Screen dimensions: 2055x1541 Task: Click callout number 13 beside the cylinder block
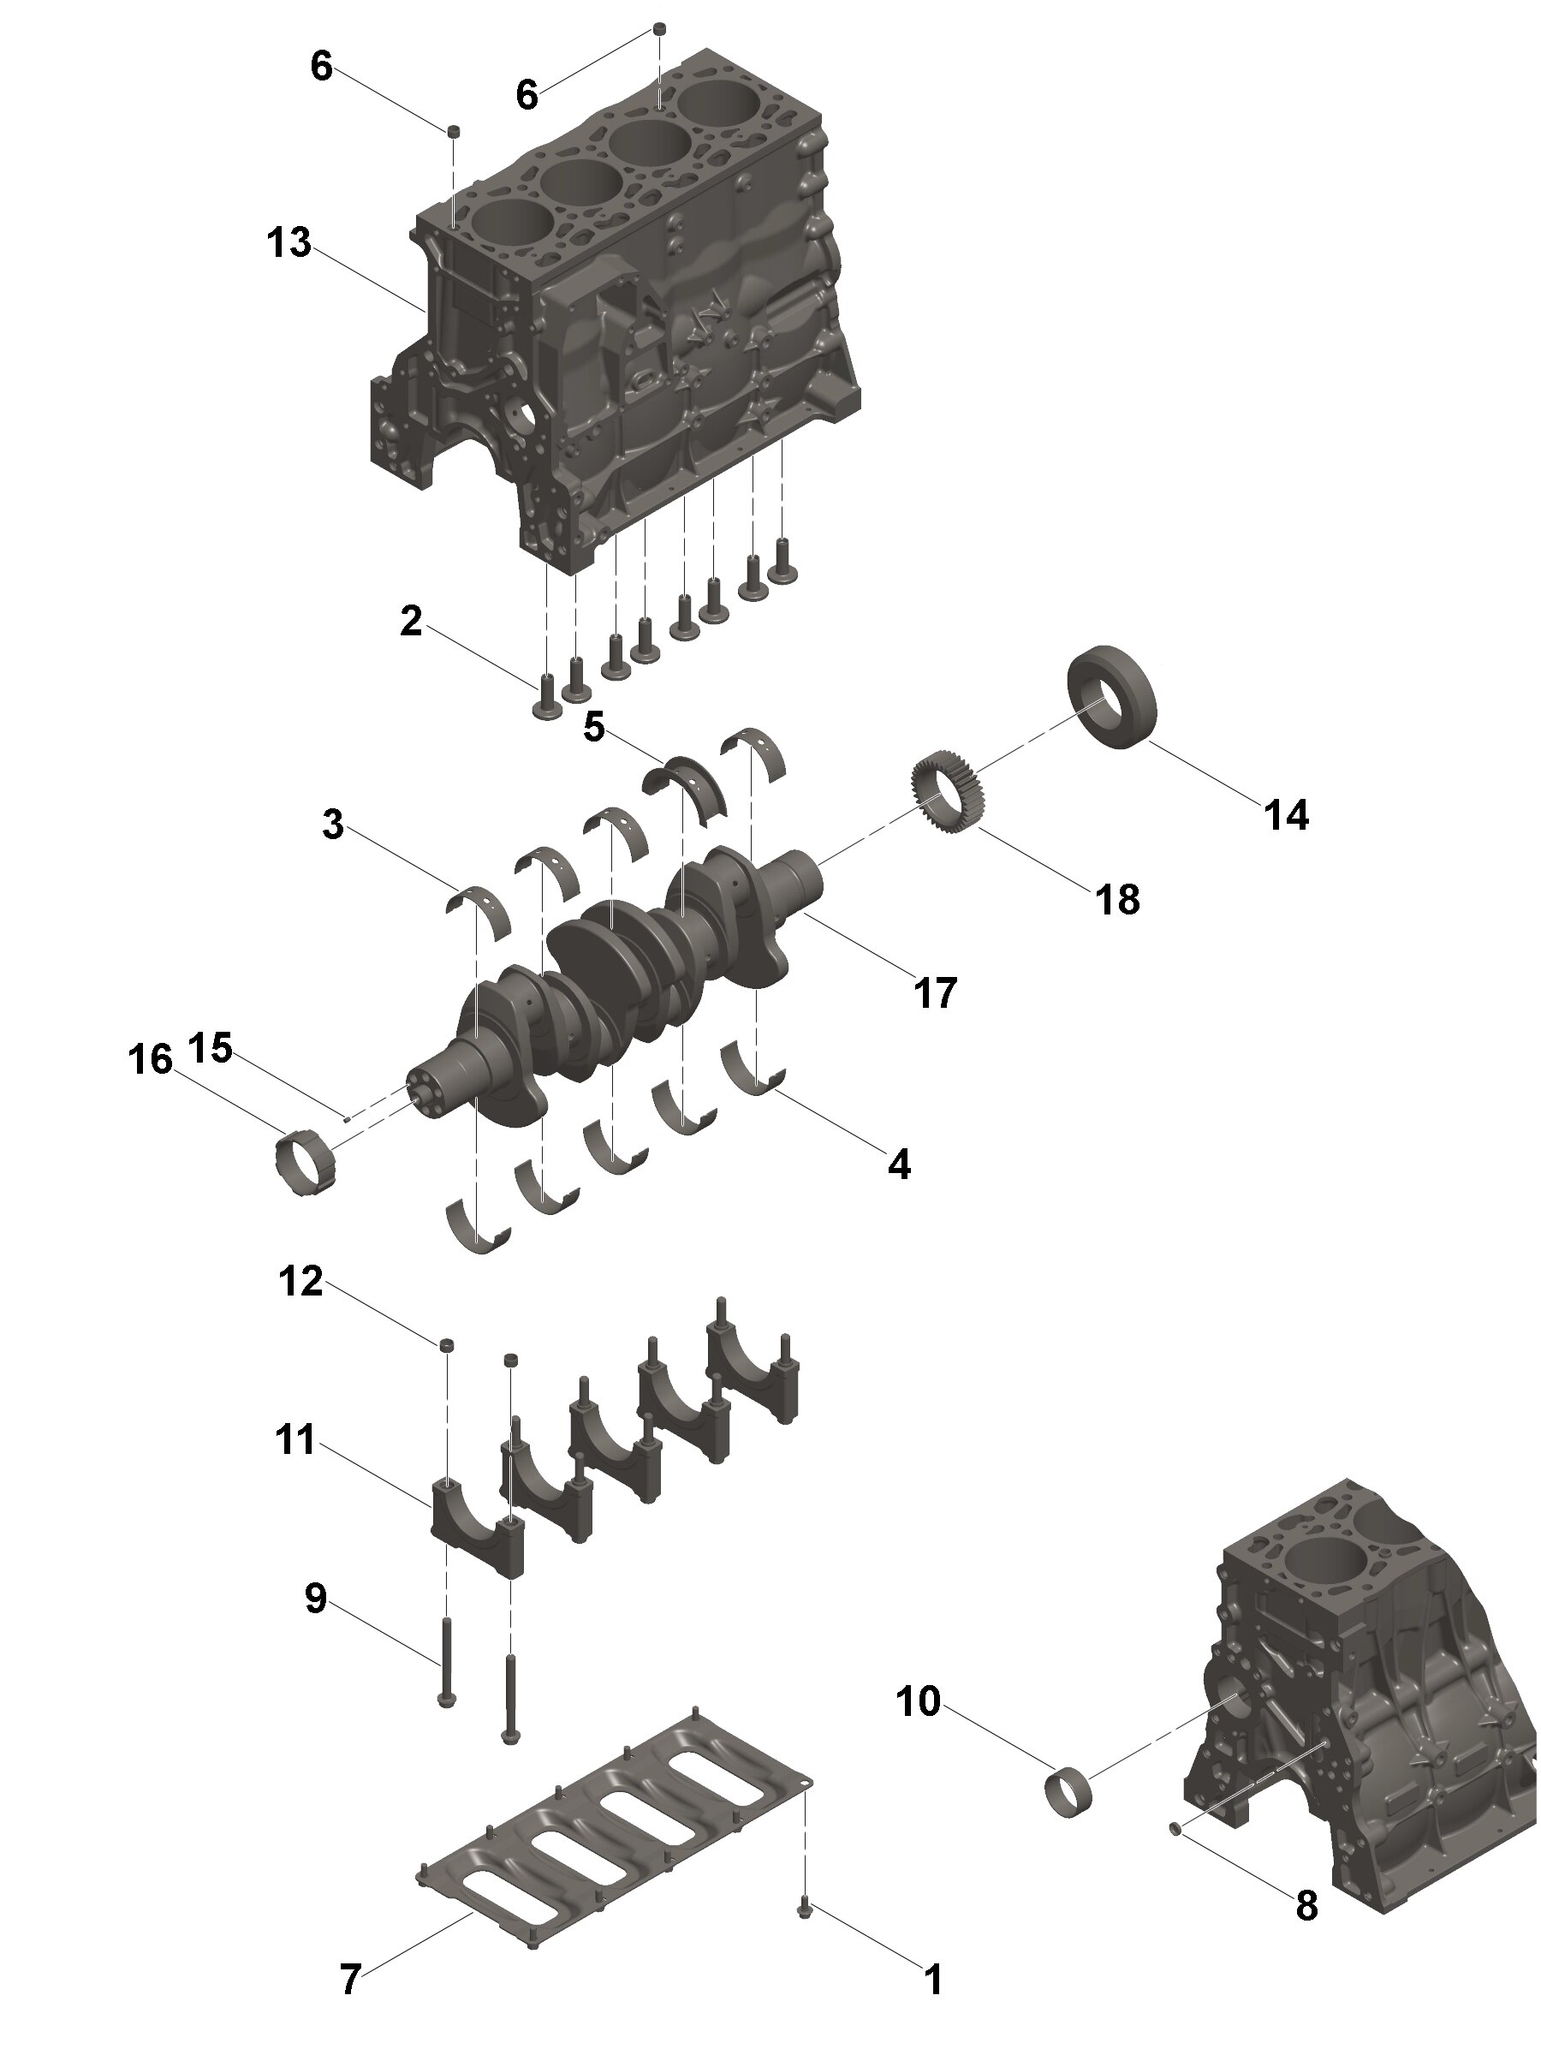(289, 243)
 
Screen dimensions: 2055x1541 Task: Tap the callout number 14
(1286, 815)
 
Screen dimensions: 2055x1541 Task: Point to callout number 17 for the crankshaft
(935, 992)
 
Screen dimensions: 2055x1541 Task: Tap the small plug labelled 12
(447, 1344)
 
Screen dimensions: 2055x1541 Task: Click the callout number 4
(898, 1163)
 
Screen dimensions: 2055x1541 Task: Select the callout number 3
(332, 824)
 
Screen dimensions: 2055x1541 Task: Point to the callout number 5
(593, 726)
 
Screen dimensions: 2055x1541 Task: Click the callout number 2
(411, 622)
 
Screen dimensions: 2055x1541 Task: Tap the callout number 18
(1117, 898)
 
